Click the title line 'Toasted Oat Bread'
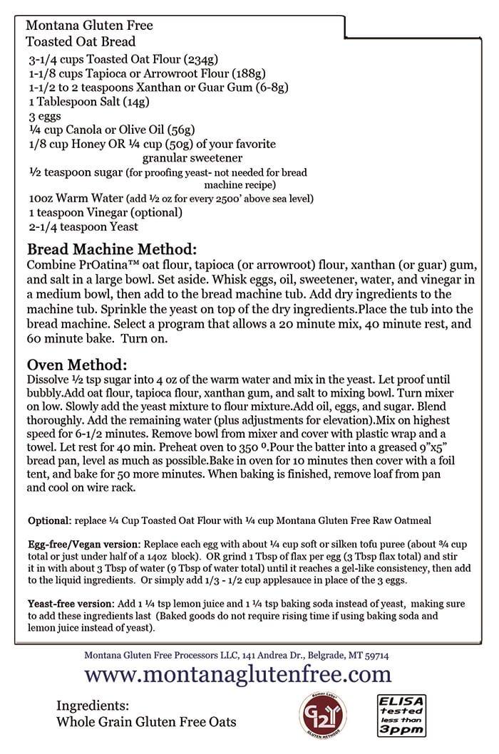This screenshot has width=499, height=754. pyautogui.click(x=81, y=42)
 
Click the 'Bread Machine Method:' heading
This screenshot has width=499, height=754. pyautogui.click(x=110, y=250)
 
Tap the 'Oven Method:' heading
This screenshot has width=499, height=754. pyautogui.click(x=77, y=365)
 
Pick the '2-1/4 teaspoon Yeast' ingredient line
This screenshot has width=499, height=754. pyautogui.click(x=83, y=226)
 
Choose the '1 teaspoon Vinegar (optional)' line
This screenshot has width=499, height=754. pyautogui.click(x=106, y=212)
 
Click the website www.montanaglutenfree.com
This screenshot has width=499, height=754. pyautogui.click(x=238, y=674)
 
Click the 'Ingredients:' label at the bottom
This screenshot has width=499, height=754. pyautogui.click(x=93, y=706)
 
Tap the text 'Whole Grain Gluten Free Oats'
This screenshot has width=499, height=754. pyautogui.click(x=146, y=722)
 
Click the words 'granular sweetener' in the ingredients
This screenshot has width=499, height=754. pyautogui.click(x=192, y=157)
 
